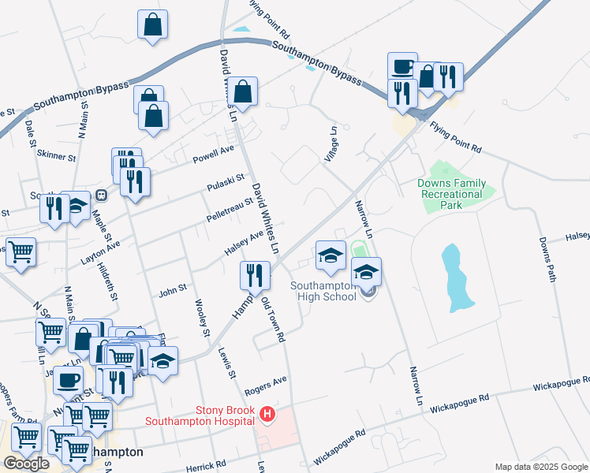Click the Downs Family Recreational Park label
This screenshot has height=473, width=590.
pyautogui.click(x=451, y=194)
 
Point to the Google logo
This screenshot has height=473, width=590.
pyautogui.click(x=26, y=464)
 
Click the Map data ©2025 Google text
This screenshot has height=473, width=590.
pyautogui.click(x=541, y=467)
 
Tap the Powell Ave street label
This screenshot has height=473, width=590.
pyautogui.click(x=215, y=153)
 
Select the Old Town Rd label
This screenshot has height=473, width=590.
pyautogui.click(x=272, y=319)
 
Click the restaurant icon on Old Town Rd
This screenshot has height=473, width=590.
pyautogui.click(x=255, y=275)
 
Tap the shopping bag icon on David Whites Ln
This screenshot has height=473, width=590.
pyautogui.click(x=245, y=91)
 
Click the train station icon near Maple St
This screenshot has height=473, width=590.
pyautogui.click(x=101, y=195)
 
